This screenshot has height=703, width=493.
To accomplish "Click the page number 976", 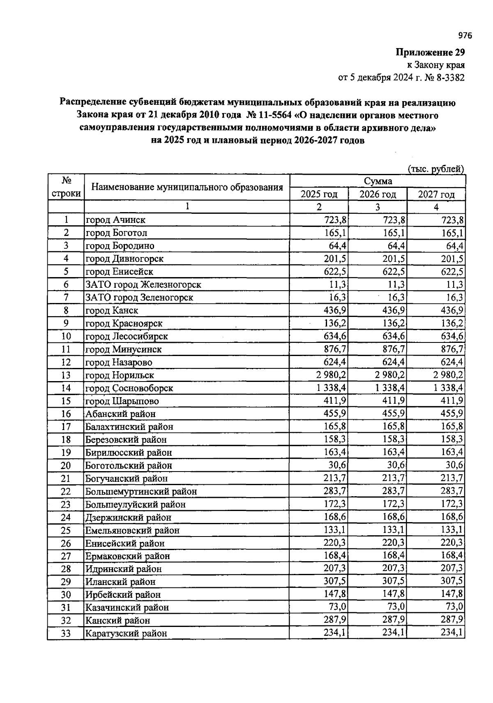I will tap(465, 36).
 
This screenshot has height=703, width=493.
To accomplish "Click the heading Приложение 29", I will tap(430, 53).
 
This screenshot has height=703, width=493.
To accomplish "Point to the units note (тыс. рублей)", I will tap(435, 169).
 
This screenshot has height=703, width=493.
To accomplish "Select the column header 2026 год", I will tap(378, 194).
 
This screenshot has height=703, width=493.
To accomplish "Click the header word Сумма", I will tap(378, 181).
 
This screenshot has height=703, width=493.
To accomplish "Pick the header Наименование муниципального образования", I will tap(187, 187).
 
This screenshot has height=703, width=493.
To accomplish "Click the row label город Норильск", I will tap(120, 375).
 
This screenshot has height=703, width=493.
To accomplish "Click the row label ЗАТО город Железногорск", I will tap(143, 284).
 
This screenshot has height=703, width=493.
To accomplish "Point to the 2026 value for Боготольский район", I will tap(395, 465).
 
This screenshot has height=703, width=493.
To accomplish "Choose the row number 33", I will tap(66, 634).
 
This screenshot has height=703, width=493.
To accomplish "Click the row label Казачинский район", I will tap(127, 608).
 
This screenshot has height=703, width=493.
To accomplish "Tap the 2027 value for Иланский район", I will tap(452, 582).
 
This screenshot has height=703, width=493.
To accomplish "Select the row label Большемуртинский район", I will tap(141, 492).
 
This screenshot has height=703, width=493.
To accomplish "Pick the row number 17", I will tap(66, 427).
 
